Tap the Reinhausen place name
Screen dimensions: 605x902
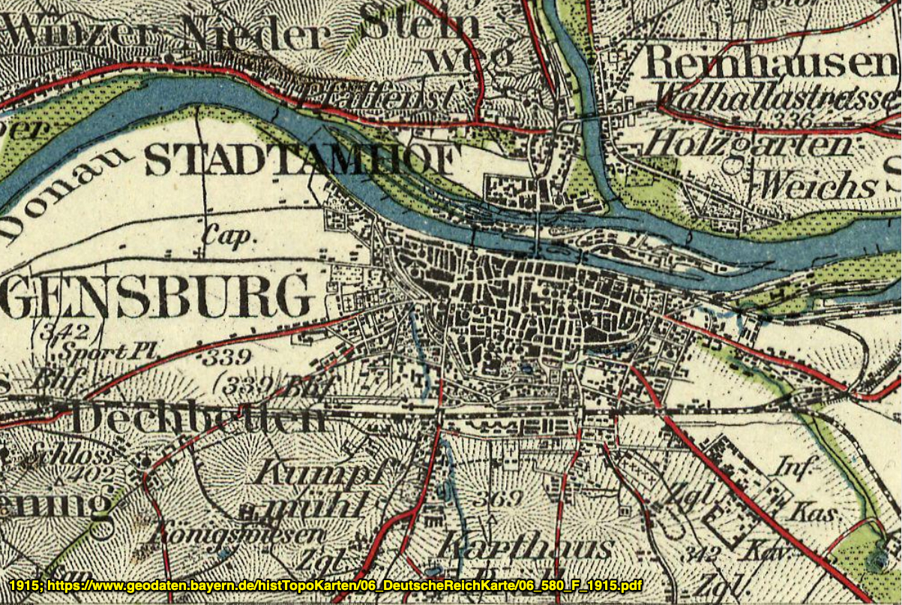tap(772, 62)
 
